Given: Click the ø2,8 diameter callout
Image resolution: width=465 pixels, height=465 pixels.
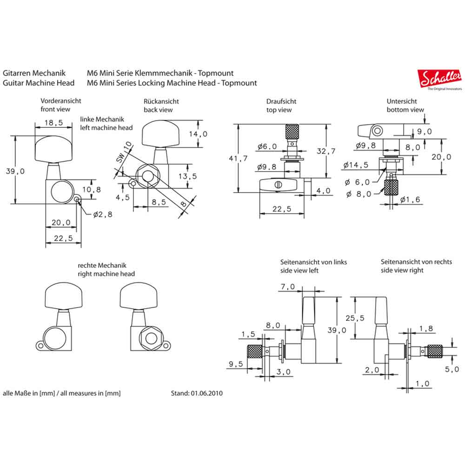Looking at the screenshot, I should [101, 214].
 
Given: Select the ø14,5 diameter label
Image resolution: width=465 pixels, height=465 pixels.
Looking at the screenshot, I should [357, 165].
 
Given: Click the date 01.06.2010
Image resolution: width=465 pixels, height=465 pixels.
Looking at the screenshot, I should [206, 393].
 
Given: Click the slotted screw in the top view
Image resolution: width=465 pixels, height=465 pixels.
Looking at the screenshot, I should [279, 185].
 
